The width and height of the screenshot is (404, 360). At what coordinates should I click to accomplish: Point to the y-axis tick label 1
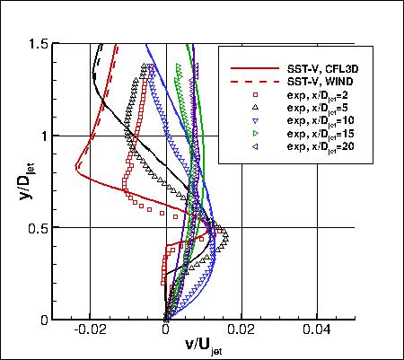(x=45, y=136)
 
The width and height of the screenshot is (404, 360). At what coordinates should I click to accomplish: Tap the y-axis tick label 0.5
(x=39, y=228)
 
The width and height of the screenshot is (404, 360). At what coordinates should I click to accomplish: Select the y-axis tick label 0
(x=45, y=320)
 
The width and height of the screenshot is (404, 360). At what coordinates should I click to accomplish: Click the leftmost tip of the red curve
(x=76, y=167)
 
